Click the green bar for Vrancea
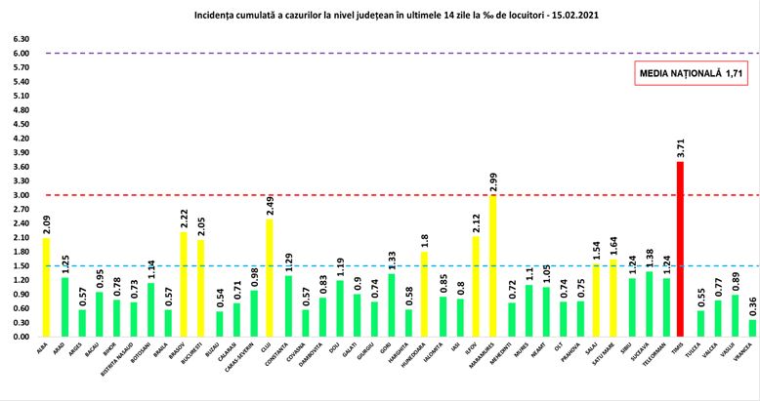coord(751,328)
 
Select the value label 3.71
coord(681,147)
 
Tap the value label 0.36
coord(751,305)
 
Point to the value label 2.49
coord(270,205)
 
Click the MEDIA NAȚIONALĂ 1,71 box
coord(684,74)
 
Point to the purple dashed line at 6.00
coord(391,54)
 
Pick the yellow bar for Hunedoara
coord(424,294)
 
